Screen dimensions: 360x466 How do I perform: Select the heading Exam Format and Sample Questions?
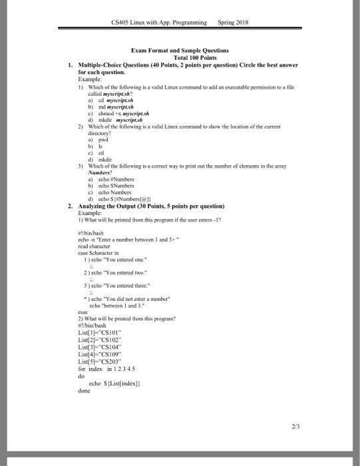click(x=181, y=50)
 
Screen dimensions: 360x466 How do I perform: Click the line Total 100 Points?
click(x=181, y=57)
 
